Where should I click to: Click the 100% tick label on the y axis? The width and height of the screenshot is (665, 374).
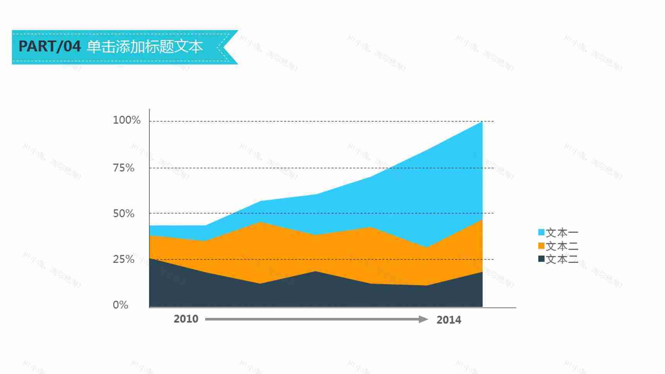pos(126,120)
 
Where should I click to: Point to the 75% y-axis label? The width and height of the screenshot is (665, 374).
pos(123,168)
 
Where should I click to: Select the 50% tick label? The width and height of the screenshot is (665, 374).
pos(123,213)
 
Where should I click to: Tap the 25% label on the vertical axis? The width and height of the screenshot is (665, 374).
pos(123,259)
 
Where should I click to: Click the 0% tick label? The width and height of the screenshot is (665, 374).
pos(120,305)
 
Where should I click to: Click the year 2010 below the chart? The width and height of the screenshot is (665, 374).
pos(186,319)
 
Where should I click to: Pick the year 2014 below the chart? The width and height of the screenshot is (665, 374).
pos(448,320)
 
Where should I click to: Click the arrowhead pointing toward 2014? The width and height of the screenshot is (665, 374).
pos(424,319)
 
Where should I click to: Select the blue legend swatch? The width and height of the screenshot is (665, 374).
pos(541,232)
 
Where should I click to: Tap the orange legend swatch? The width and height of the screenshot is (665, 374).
pos(541,246)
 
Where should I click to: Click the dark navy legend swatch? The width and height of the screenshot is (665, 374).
pos(541,259)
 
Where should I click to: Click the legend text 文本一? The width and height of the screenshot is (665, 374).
pos(562,233)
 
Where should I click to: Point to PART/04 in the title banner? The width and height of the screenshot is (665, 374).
pos(49,46)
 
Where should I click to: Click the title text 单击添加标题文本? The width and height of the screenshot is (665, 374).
pos(145,47)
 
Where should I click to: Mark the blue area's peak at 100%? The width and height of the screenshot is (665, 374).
pos(482,122)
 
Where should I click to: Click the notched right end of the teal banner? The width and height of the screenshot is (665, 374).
pos(228,47)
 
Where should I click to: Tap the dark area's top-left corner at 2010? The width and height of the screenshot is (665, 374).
pos(150,258)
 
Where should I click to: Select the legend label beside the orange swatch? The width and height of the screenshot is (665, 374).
pos(562,246)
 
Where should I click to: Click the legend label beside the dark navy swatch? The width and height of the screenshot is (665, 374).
pos(562,259)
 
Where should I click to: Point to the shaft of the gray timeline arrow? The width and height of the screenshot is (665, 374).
pos(309,319)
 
